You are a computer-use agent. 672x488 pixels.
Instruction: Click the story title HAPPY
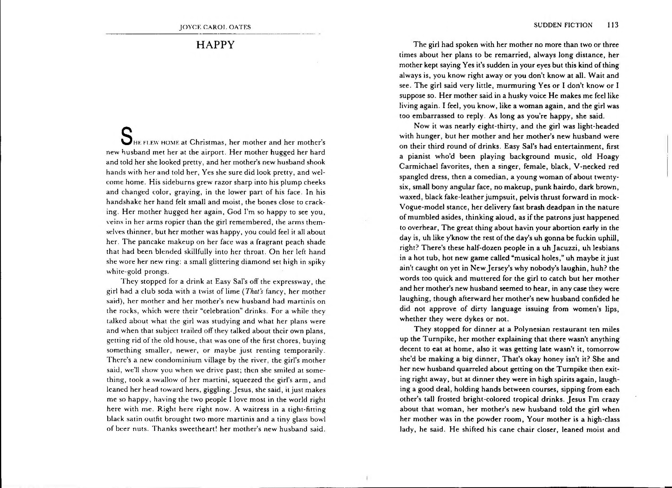click(215, 45)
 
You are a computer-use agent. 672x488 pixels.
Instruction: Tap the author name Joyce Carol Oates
click(215, 27)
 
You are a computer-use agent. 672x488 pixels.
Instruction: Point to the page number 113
click(612, 25)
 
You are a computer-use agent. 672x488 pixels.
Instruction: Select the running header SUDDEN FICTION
click(563, 25)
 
